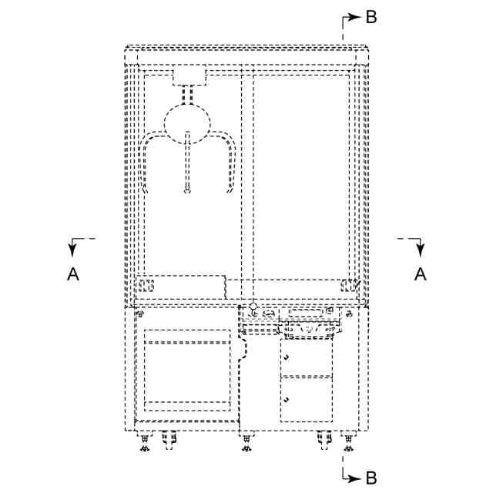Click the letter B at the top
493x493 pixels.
tap(371, 17)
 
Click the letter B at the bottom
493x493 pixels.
tap(371, 478)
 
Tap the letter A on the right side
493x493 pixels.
tap(420, 273)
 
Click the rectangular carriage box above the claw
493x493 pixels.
tap(189, 75)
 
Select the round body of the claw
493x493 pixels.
tap(187, 123)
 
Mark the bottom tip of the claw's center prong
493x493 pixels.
tap(187, 192)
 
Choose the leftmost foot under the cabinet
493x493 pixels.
tap(144, 445)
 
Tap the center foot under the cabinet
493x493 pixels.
tap(246, 445)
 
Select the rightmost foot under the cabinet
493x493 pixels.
tap(348, 445)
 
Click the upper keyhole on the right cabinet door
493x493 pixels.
tap(287, 359)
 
